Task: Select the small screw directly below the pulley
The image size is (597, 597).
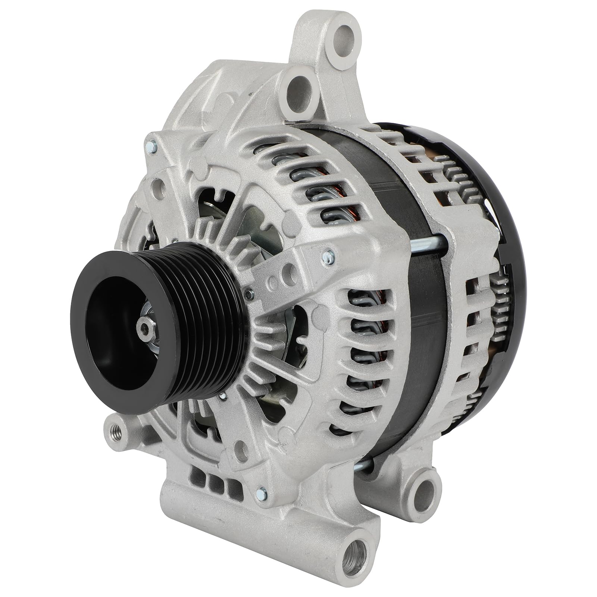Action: coord(223,396)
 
